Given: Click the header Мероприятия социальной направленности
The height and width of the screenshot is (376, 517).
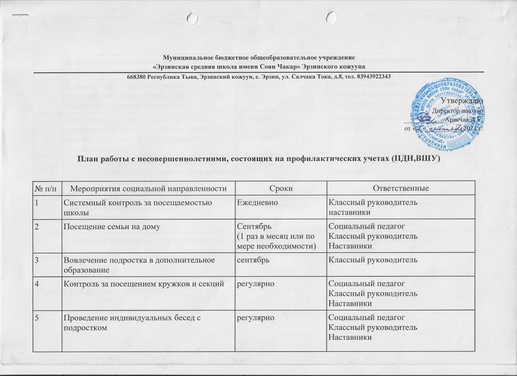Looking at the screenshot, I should point(147,188).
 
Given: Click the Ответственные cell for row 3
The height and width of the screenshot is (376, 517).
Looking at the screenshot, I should point(373,260).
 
